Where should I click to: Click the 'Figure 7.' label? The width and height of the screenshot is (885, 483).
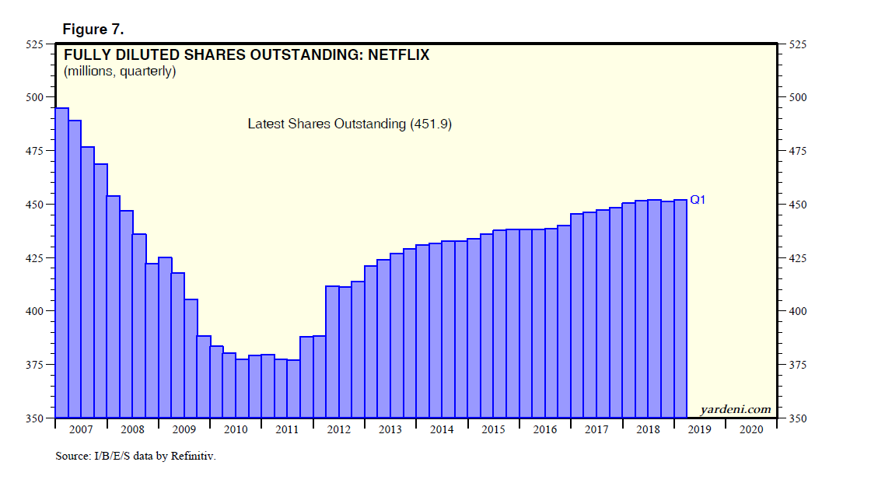[93, 30]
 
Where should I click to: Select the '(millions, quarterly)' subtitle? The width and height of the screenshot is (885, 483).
[120, 72]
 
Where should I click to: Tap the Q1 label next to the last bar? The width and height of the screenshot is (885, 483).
[698, 200]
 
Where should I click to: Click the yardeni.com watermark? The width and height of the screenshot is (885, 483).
[735, 409]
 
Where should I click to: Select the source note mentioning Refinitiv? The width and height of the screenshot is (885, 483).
[135, 456]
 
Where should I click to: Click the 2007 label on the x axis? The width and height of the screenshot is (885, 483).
[80, 429]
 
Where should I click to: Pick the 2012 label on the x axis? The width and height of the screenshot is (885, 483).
[338, 429]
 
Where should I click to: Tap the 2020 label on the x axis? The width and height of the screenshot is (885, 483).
[751, 429]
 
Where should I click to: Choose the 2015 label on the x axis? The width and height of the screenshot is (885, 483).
[493, 429]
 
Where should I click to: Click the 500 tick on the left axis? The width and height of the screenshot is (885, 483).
[37, 98]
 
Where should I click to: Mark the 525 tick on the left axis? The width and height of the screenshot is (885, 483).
[37, 44]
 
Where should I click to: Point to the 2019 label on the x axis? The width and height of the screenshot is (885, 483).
[699, 429]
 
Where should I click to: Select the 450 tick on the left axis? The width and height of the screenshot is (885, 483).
[37, 205]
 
